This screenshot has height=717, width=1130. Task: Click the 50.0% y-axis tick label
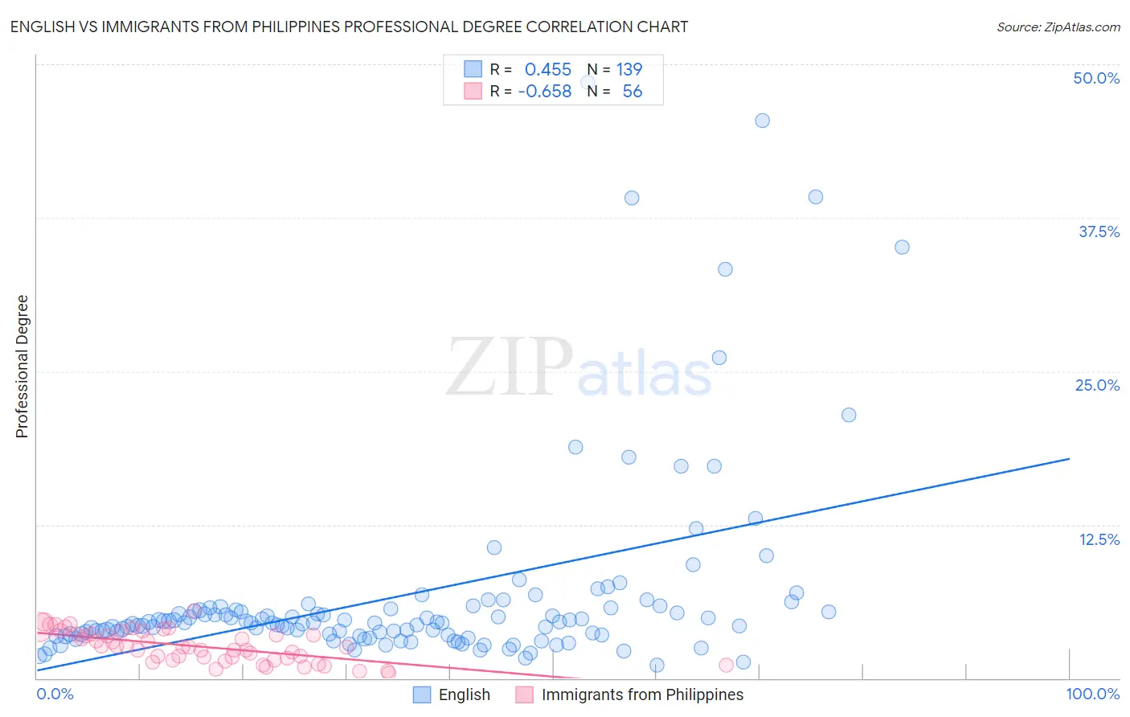coord(1096,78)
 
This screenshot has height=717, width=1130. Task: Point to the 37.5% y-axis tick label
coord(1099,231)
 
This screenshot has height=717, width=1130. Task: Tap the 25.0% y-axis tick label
coord(1097,385)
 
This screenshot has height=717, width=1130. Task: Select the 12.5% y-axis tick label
coord(1099,539)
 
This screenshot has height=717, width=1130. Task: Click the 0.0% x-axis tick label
coord(55,694)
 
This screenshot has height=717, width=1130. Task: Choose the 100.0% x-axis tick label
coord(1092,694)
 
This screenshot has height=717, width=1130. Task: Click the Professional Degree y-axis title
coord(22,367)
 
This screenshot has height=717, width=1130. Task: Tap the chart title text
coord(349,27)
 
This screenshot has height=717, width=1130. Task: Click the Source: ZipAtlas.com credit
coord(1058,27)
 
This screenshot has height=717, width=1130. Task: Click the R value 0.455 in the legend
coord(547,69)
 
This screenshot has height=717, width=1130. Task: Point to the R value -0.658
coord(544,91)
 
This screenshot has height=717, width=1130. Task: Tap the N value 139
coord(628,69)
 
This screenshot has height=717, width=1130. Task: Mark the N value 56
coord(632,91)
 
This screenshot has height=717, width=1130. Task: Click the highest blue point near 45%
coord(763,121)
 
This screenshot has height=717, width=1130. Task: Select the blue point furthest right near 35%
coord(902,247)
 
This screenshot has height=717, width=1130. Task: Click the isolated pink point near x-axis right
coord(727,665)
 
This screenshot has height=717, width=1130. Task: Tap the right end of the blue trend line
coord(1069,458)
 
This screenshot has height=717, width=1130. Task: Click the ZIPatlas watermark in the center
coord(579,368)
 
